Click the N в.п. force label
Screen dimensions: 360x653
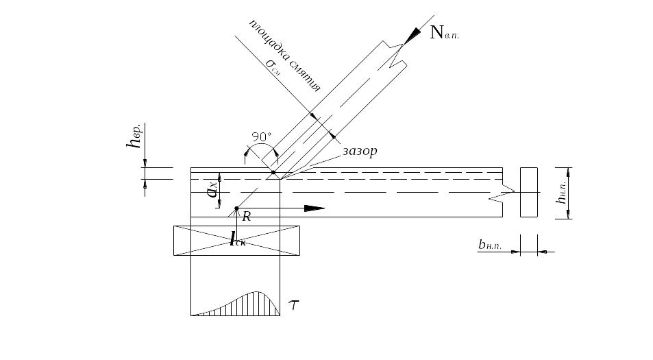pyautogui.click(x=443, y=32)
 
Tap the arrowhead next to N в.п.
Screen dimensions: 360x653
pyautogui.click(x=413, y=35)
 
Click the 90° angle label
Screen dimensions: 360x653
pyautogui.click(x=261, y=136)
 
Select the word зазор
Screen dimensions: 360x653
pyautogui.click(x=359, y=151)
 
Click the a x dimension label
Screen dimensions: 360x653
pyautogui.click(x=212, y=189)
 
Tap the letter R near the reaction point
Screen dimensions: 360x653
pyautogui.click(x=246, y=217)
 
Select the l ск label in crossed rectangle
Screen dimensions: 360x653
pyautogui.click(x=238, y=240)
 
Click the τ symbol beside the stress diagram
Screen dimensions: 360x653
pyautogui.click(x=294, y=304)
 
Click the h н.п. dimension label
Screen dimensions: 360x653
pyautogui.click(x=562, y=193)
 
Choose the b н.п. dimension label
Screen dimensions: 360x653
pyautogui.click(x=492, y=245)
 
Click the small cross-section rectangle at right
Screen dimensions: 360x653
pyautogui.click(x=528, y=192)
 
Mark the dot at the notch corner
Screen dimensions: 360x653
pyautogui.click(x=273, y=172)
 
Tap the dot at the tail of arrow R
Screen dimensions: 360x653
pyautogui.click(x=236, y=208)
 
